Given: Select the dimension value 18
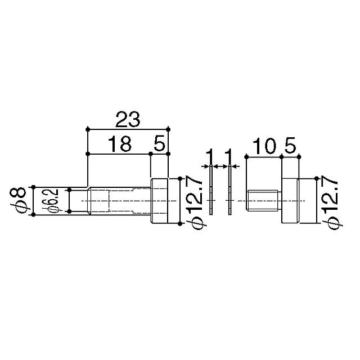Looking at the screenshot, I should (119, 145).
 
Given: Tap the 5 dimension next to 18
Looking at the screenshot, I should (160, 145).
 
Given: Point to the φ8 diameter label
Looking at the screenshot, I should (21, 200).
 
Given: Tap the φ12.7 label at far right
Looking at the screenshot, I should (332, 201).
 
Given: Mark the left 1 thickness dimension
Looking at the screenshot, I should (210, 155).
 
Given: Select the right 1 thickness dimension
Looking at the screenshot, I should (229, 155).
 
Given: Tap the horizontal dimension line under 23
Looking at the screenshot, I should (128, 129).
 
